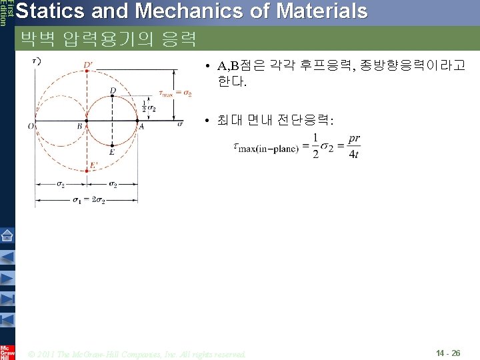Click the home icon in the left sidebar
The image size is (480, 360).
7,235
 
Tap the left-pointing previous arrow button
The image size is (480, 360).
7,257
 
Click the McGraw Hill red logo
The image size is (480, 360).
7,352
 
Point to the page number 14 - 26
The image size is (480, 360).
447,353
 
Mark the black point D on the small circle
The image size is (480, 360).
113,96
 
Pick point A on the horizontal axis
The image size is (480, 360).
139,121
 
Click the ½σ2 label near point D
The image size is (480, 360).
149,106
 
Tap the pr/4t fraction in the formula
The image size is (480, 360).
354,147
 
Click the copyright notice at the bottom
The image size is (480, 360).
137,353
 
